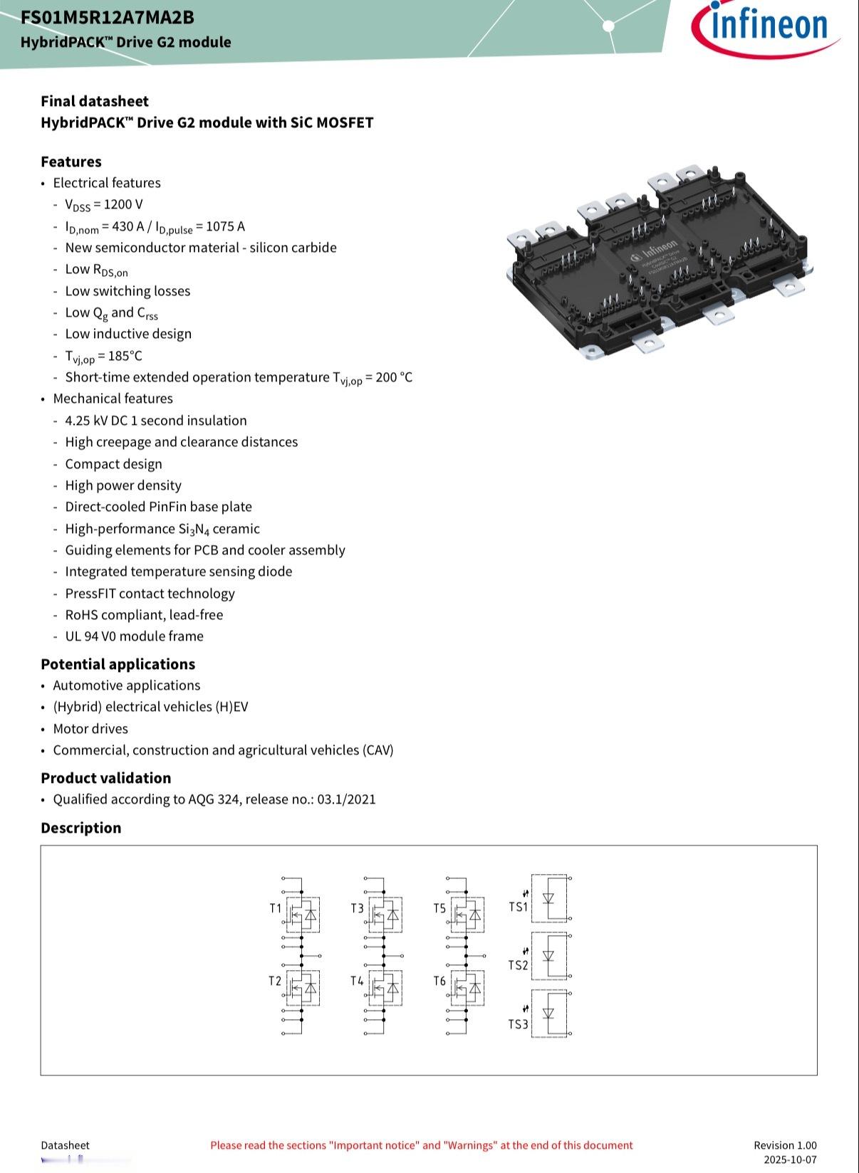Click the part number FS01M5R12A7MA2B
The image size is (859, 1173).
[x=108, y=17]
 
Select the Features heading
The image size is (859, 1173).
[x=71, y=162]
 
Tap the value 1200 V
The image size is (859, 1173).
[x=123, y=204]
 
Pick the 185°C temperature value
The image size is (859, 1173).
[x=125, y=356]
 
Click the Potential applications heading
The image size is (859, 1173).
[x=118, y=664]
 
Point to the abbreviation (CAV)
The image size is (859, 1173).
[x=378, y=750]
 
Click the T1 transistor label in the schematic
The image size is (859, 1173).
[x=276, y=908]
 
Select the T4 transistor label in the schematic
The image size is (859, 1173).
[x=357, y=981]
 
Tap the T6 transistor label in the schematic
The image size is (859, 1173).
[x=439, y=981]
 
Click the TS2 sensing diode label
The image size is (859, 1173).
[x=519, y=965]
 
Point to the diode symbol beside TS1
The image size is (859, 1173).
[x=548, y=898]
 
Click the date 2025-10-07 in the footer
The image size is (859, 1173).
[x=790, y=1159]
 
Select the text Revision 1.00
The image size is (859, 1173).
[x=785, y=1145]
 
